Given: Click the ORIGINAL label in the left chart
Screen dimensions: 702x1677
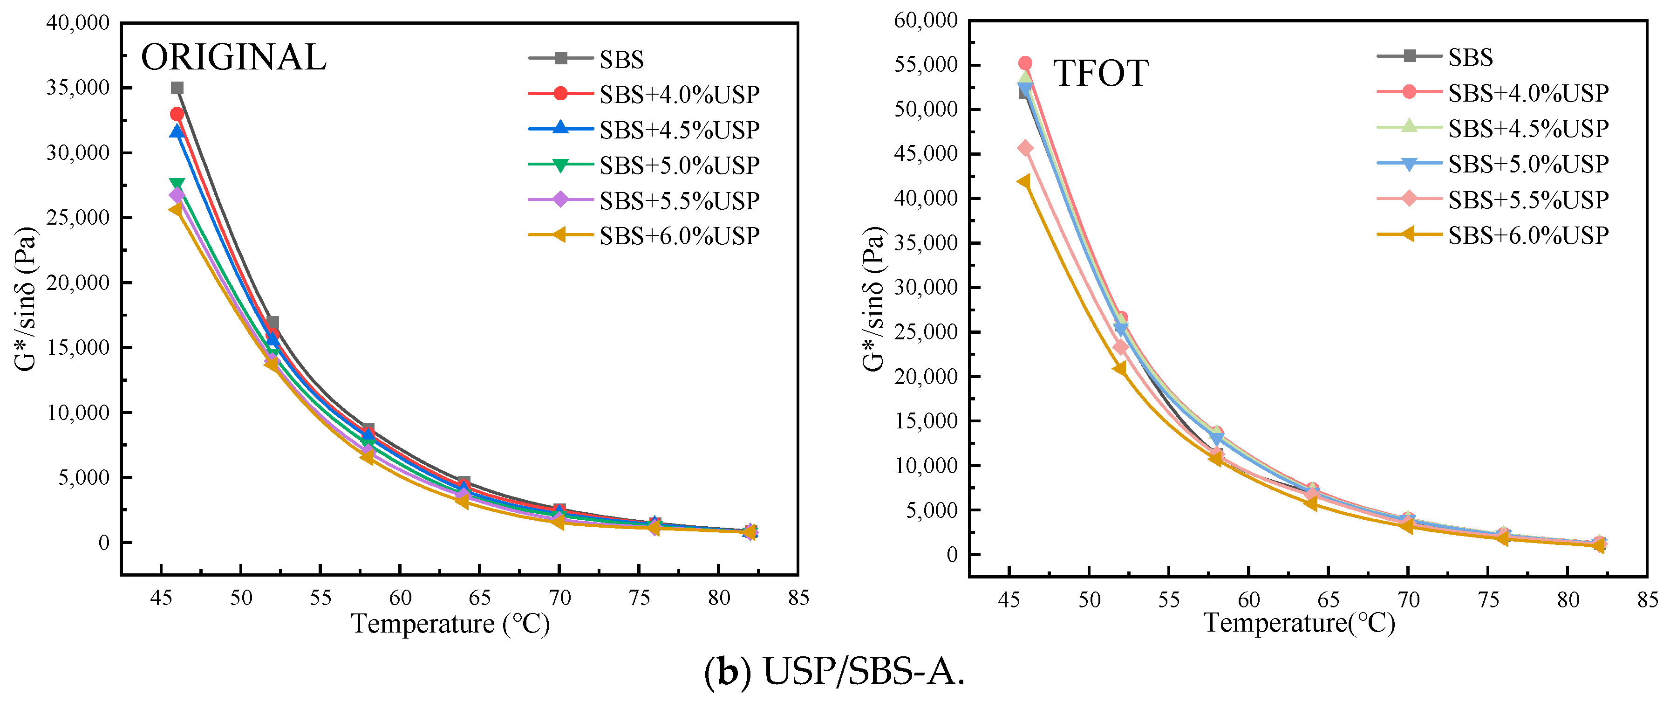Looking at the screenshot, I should point(233,57).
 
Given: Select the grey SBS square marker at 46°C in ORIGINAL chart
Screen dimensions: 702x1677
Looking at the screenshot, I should point(177,88).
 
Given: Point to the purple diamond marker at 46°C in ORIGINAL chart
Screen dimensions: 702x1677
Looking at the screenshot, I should point(177,195).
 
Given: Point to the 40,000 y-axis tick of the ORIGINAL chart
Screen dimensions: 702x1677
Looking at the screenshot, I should point(77,23).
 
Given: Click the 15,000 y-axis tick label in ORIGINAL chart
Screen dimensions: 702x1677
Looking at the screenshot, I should point(77,347).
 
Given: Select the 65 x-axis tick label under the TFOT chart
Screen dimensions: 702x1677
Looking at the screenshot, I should point(1328,599).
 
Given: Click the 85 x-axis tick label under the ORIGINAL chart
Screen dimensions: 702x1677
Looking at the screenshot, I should point(798,598).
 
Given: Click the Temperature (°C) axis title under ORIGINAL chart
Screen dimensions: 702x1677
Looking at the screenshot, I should point(450,624).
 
